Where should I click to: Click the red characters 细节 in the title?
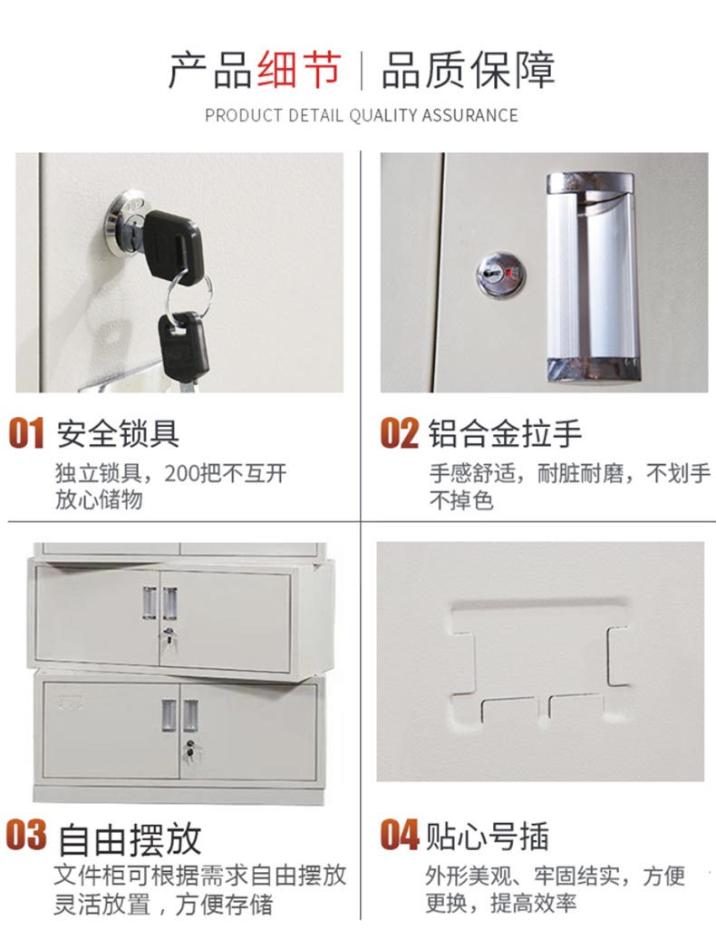coord(299,70)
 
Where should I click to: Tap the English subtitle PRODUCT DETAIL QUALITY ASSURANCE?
coord(362,116)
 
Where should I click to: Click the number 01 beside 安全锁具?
coord(26,433)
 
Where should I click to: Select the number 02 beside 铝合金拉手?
coord(399,433)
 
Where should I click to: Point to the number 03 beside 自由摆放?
coord(26,835)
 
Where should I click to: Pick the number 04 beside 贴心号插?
coord(400,835)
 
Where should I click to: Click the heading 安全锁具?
coord(118,434)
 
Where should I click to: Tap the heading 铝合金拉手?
coord(505,434)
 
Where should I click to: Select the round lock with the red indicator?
coord(500,276)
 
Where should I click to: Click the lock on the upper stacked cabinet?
coord(169,638)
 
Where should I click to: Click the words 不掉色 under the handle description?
coord(461,500)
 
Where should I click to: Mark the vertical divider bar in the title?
coord(362,71)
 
